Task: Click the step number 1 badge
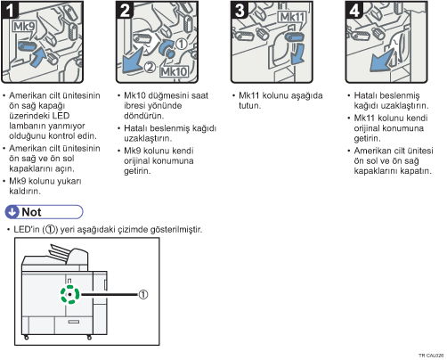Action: (x=10, y=10)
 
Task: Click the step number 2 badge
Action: (x=125, y=10)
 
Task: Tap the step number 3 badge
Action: (x=240, y=10)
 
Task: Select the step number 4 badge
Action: (x=354, y=10)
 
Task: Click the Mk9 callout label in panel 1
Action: (x=24, y=27)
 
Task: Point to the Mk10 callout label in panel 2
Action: (x=174, y=71)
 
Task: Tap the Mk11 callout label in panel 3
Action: (x=292, y=17)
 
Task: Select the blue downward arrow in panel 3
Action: (x=297, y=54)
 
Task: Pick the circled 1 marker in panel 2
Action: (x=182, y=44)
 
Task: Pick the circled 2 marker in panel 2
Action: (x=150, y=67)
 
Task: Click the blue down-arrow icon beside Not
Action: (x=12, y=212)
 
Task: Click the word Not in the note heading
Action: (x=31, y=212)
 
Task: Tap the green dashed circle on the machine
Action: (x=70, y=294)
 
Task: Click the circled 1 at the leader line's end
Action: (x=143, y=295)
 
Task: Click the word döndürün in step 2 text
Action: (x=143, y=116)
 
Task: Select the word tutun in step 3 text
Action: (x=249, y=106)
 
